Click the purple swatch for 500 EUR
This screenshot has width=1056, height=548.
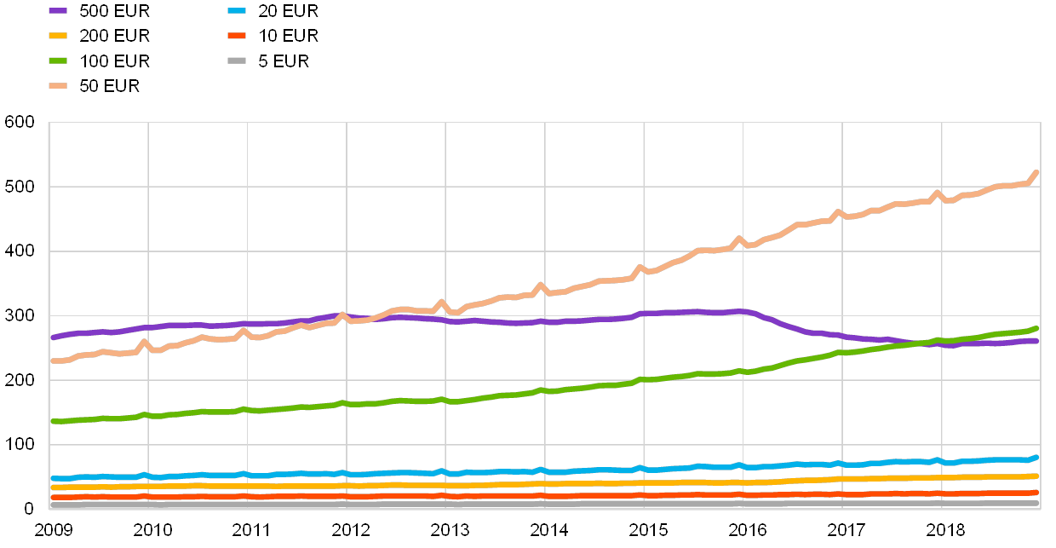[59, 11]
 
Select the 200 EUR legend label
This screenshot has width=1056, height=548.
[114, 36]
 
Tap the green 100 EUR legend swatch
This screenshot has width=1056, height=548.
[59, 61]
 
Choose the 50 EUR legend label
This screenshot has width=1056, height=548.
[109, 85]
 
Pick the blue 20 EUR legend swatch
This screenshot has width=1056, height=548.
[238, 11]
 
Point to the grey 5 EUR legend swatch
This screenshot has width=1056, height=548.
[238, 61]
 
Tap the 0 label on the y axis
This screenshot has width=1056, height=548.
[29, 509]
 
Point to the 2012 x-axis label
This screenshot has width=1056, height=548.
[351, 529]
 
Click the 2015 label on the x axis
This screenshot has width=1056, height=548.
[648, 529]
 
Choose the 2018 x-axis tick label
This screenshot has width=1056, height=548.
[945, 529]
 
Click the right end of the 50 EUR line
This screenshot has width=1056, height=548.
[1036, 173]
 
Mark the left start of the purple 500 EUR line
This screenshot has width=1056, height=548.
[53, 337]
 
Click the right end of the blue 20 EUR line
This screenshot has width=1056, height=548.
[1036, 457]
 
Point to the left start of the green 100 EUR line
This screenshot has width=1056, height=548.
[53, 421]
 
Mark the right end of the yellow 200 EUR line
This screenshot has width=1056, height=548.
[1036, 476]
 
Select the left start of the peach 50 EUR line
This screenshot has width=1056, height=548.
[53, 361]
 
